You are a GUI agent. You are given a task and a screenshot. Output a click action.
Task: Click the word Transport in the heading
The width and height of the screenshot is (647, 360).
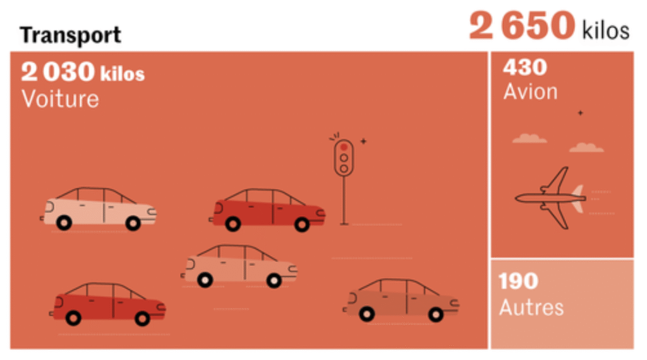(x=70, y=35)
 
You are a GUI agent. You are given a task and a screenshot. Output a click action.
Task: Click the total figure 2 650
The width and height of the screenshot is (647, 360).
(x=522, y=25)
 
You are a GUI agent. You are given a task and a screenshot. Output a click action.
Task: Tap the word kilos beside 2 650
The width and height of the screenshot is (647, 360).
(x=606, y=30)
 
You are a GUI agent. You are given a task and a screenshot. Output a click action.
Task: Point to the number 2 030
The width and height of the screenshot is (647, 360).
(x=57, y=71)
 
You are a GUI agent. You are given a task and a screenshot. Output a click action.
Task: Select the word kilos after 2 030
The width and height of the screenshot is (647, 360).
(x=122, y=73)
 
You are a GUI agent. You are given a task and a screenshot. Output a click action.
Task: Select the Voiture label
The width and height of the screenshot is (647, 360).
(x=60, y=99)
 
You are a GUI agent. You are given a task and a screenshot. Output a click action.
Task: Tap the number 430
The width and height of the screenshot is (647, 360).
(x=525, y=67)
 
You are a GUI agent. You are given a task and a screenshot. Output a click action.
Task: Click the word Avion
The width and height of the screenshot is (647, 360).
(x=530, y=91)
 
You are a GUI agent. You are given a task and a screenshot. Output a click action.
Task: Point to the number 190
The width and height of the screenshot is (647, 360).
(x=518, y=281)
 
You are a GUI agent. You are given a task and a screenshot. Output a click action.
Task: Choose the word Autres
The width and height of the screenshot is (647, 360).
(x=531, y=307)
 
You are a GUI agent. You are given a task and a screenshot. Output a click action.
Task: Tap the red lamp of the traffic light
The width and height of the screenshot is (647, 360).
(x=344, y=147)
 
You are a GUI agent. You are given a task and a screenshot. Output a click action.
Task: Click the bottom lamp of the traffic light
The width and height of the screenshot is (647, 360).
(x=344, y=168)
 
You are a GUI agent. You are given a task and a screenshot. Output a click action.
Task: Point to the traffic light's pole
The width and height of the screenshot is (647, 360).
(x=344, y=200)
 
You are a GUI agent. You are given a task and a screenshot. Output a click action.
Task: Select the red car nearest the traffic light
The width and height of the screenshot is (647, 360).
(x=267, y=210)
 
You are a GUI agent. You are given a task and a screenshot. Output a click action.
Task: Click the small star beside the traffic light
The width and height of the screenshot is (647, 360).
(x=363, y=141)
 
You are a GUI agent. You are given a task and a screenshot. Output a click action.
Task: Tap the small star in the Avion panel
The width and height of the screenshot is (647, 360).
(x=581, y=112)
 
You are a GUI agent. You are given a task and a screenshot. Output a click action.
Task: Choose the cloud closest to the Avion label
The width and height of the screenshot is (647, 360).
(x=529, y=138)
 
